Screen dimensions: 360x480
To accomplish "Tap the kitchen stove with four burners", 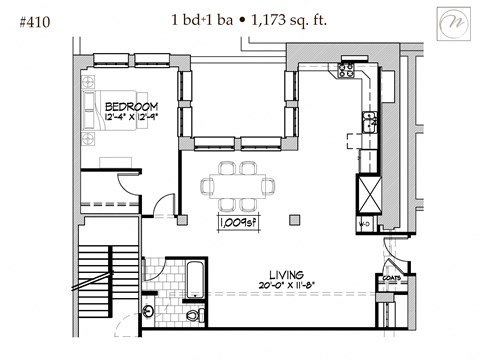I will tap(346, 70).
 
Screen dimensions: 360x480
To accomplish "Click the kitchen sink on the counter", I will tap(369, 123).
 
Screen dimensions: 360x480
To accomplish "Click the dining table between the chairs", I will tap(237, 185).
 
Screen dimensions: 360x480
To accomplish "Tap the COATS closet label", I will tap(389, 279).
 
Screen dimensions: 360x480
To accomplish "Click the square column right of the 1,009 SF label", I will tap(292, 217).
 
